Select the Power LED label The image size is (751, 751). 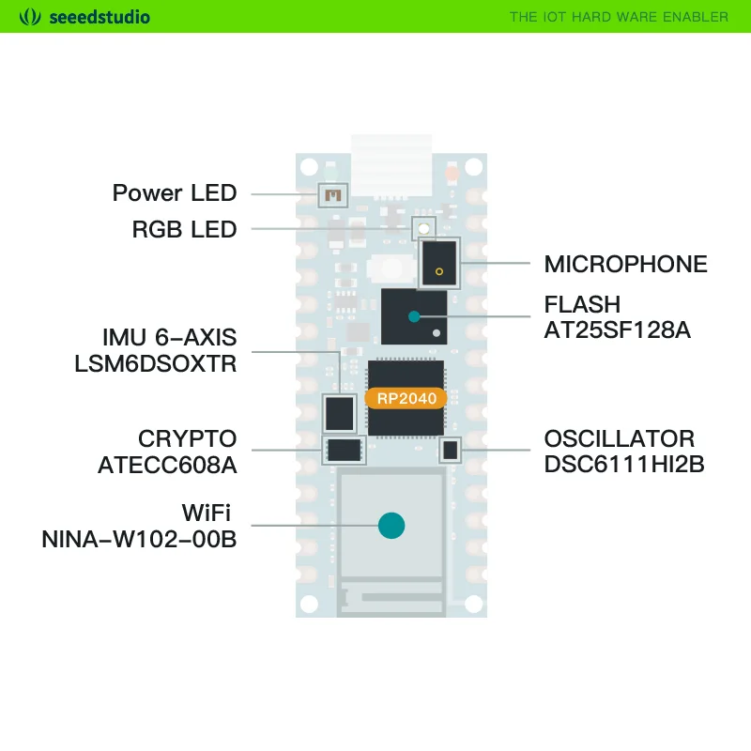click(x=175, y=193)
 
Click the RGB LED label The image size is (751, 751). click(x=184, y=229)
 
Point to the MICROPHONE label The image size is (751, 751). click(x=626, y=264)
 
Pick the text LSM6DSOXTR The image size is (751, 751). click(x=156, y=363)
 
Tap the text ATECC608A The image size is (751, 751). click(x=167, y=464)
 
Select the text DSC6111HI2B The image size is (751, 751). click(x=624, y=464)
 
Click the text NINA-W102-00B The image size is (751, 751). click(x=139, y=539)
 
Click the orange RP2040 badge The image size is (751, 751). click(x=407, y=399)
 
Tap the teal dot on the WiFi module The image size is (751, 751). click(x=391, y=526)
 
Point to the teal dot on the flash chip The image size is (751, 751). click(x=414, y=316)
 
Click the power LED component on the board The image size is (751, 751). click(x=331, y=195)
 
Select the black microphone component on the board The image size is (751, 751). click(x=439, y=264)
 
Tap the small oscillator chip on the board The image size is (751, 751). click(x=451, y=451)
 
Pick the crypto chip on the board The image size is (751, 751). click(x=344, y=450)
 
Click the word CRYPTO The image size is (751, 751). click(x=187, y=438)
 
